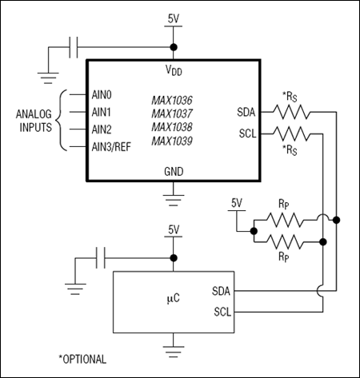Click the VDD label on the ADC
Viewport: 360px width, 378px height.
(173, 70)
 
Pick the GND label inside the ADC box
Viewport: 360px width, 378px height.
(173, 170)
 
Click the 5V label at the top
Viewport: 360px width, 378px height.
(174, 18)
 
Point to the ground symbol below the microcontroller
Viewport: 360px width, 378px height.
(174, 348)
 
